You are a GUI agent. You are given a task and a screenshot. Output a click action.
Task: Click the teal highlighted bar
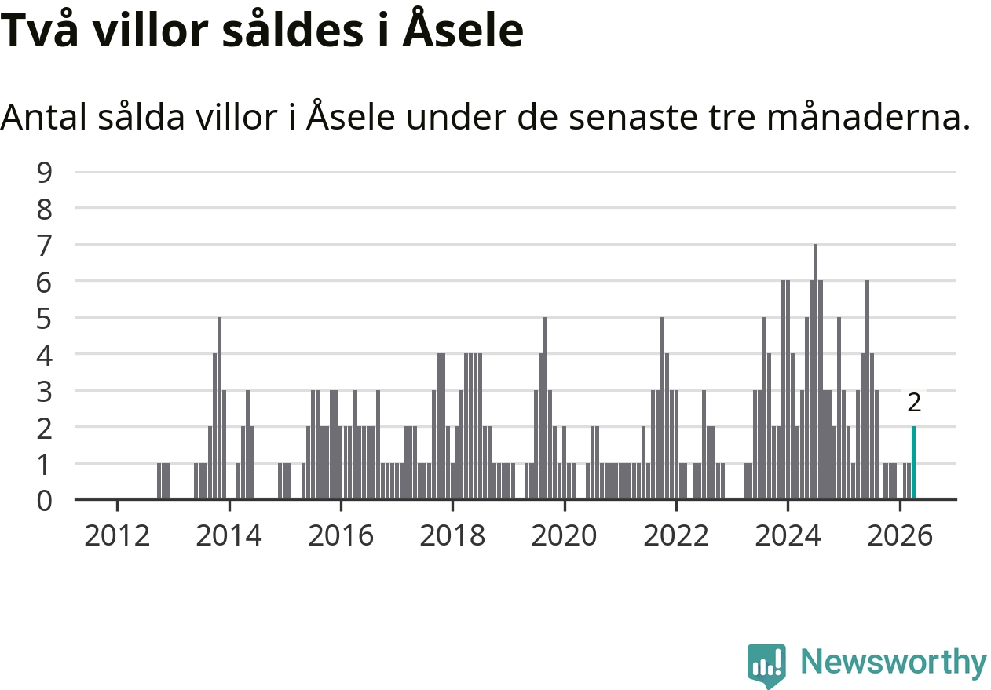tap(913, 462)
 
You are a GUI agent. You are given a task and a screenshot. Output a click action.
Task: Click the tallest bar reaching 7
tap(815, 371)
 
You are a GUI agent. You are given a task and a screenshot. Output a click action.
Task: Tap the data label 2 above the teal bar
tap(914, 403)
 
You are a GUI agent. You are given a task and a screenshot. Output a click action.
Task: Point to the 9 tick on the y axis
tap(44, 173)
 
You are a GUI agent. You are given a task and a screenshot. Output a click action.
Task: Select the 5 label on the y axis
tap(44, 319)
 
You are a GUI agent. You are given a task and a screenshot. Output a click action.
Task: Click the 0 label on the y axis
tap(44, 501)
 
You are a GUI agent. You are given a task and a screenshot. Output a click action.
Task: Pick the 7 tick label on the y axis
tap(44, 246)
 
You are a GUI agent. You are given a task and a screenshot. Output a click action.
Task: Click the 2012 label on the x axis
tap(117, 535)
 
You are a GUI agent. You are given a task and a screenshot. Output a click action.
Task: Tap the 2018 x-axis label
tap(452, 535)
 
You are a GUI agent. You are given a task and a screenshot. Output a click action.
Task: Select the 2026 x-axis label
tap(900, 535)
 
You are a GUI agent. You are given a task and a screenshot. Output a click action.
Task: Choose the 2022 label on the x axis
tap(676, 535)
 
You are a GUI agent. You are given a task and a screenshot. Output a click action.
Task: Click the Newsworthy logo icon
tap(766, 665)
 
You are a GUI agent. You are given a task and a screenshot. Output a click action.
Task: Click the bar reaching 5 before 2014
tap(219, 408)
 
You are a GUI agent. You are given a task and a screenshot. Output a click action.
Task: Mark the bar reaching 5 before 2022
tap(662, 408)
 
